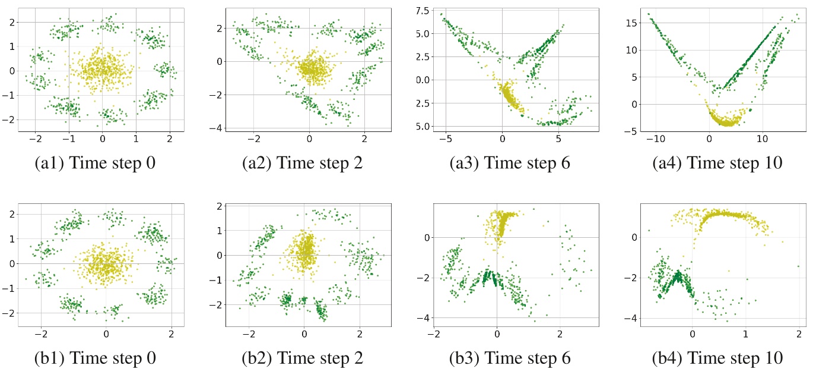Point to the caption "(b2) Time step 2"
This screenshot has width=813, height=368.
pos(303,358)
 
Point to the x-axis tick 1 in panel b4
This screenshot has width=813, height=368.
pos(746,334)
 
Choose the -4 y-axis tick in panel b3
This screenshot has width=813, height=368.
pos(423,319)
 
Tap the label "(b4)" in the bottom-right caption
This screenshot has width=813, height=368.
pos(658,358)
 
